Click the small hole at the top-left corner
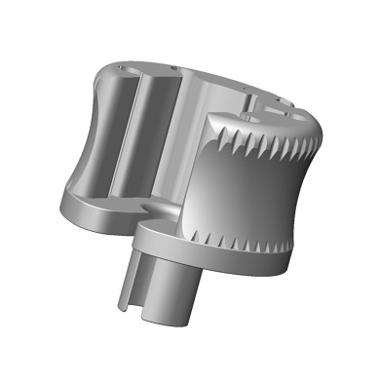pyautogui.click(x=119, y=66)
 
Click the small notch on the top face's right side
pyautogui.click(x=255, y=101)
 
